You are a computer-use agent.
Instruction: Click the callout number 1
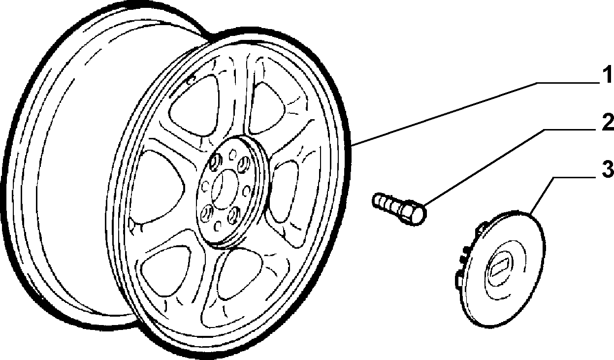coord(606,74)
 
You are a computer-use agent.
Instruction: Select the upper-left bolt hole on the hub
coord(215,161)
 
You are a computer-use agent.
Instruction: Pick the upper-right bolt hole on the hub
coord(243,164)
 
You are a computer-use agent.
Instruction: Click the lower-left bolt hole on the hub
coord(207,213)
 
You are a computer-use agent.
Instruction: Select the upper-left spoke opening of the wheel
coord(195,107)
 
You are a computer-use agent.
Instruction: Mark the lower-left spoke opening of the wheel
coord(165,270)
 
